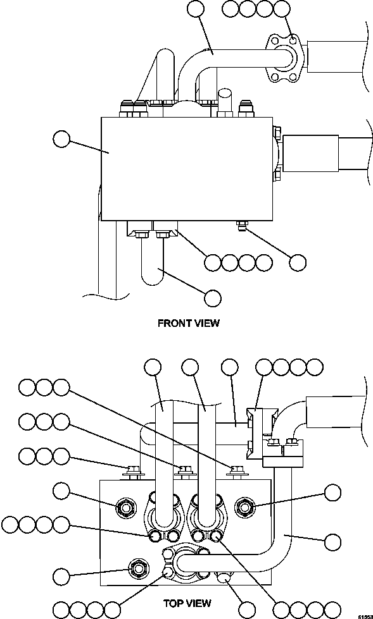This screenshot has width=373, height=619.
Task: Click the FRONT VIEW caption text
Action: [x=188, y=323]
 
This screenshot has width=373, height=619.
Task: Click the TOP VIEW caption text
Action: [x=187, y=603]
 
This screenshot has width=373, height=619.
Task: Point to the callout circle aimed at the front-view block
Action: [x=61, y=138]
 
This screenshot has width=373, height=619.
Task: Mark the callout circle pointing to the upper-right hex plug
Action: [x=332, y=493]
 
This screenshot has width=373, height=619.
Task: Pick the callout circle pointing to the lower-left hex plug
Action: [x=61, y=576]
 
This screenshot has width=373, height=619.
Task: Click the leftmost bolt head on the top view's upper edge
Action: [x=133, y=470]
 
